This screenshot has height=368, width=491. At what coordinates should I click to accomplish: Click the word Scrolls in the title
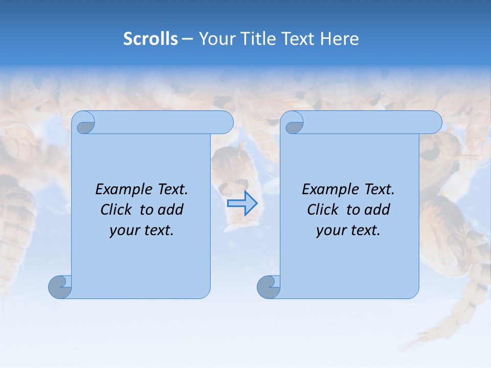151,39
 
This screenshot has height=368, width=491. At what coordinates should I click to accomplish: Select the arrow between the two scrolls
242,203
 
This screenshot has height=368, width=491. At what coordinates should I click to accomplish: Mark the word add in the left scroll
171,210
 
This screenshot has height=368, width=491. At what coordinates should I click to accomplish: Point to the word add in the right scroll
378,210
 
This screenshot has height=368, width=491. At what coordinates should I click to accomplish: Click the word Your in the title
215,39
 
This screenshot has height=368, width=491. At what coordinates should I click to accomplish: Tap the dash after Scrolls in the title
187,39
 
